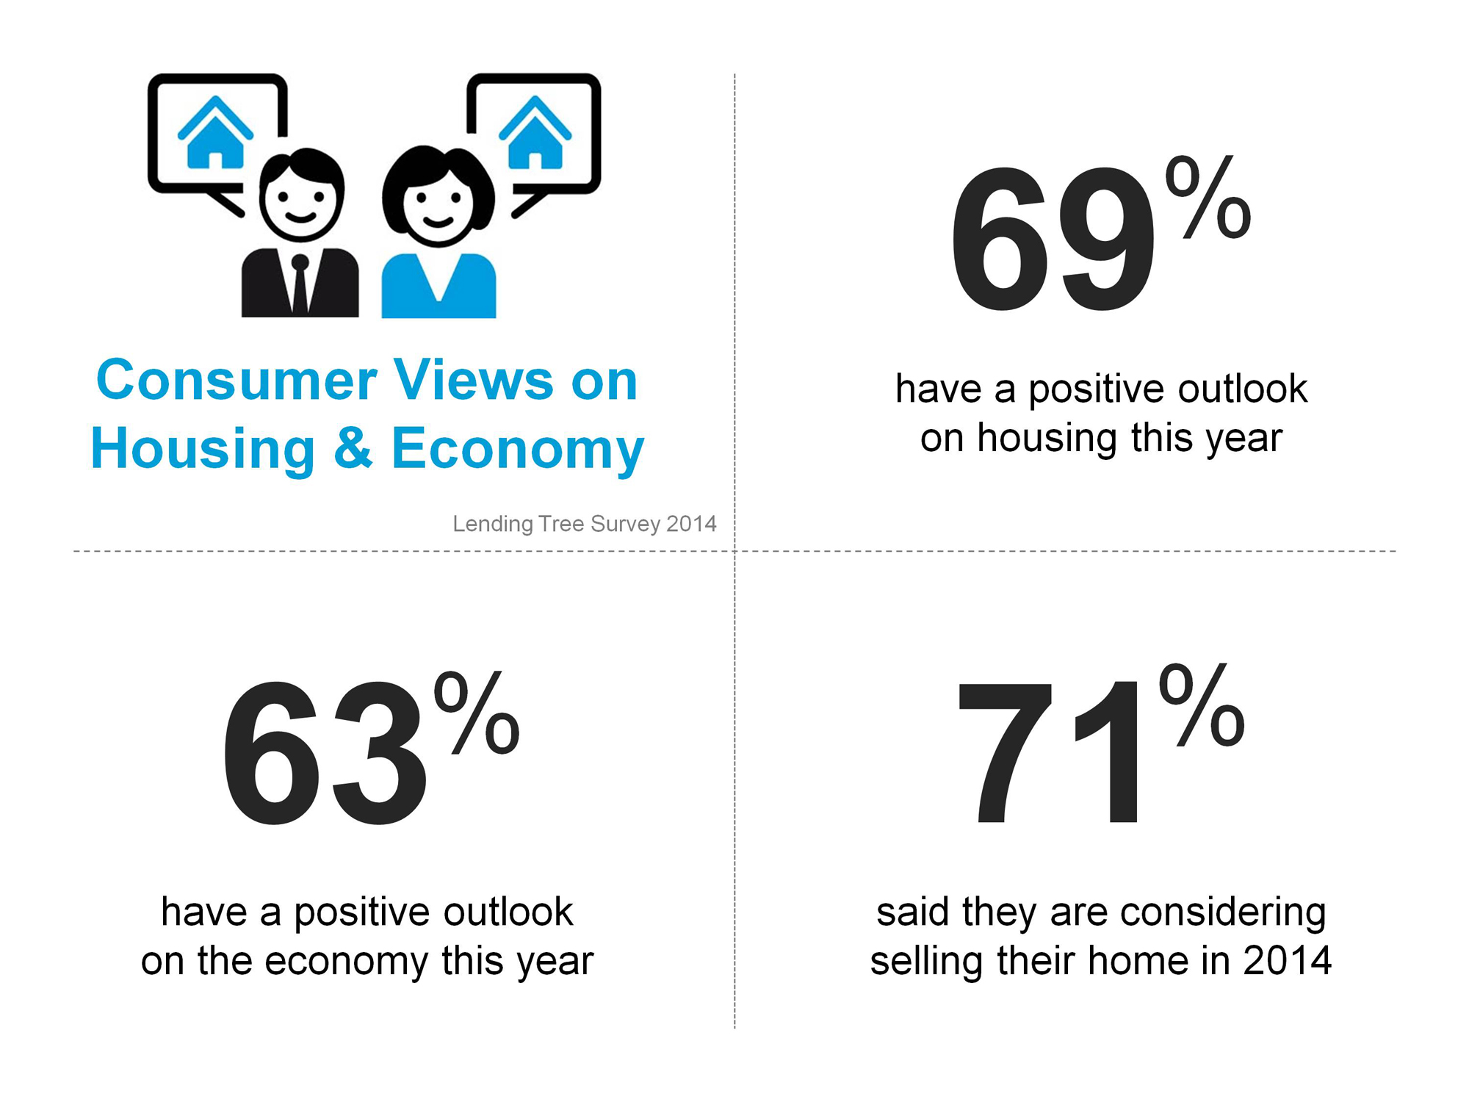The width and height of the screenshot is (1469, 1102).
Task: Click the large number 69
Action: (x=1053, y=239)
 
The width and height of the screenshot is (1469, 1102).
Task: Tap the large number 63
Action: (x=324, y=753)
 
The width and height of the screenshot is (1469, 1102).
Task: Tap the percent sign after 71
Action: (x=1202, y=705)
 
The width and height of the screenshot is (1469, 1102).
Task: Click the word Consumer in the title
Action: (x=237, y=381)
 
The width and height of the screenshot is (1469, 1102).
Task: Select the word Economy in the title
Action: (x=518, y=449)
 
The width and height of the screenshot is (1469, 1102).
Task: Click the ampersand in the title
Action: (x=353, y=448)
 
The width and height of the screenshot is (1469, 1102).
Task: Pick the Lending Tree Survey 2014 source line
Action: (x=585, y=524)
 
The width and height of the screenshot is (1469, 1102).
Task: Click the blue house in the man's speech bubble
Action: (x=215, y=133)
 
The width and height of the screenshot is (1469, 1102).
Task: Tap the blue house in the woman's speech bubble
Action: (x=535, y=133)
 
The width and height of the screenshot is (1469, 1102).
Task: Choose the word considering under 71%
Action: (x=1223, y=913)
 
